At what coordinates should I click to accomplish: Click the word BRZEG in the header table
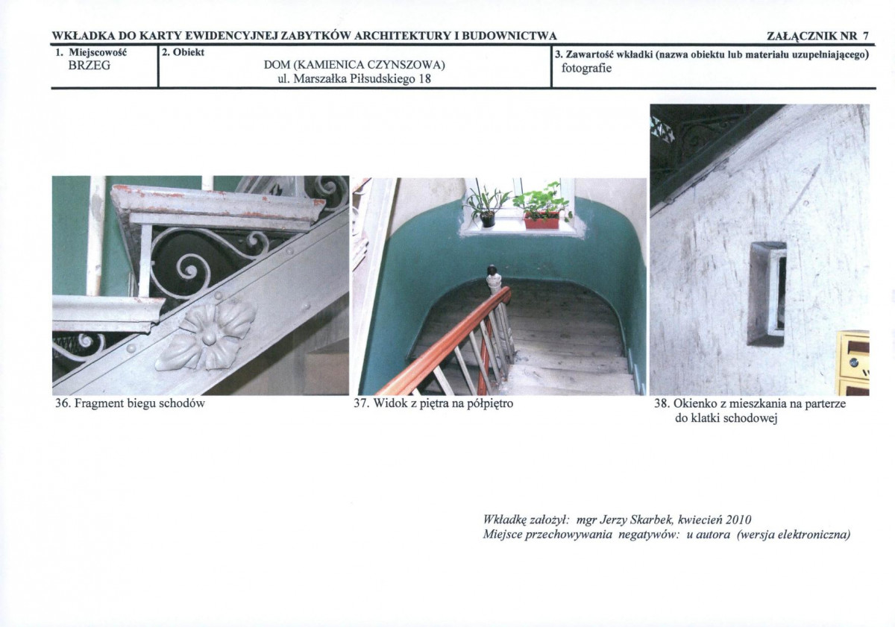coord(89,66)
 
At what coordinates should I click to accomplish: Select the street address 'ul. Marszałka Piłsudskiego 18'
coord(354,79)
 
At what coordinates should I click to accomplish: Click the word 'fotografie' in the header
coord(586,69)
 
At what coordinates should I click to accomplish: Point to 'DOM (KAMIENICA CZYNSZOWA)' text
coord(354,65)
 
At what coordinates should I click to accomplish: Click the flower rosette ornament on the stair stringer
coord(205,335)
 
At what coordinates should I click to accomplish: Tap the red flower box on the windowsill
coord(541,220)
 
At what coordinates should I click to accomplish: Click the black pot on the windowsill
coord(488,219)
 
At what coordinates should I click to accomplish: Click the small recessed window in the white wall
coord(767,294)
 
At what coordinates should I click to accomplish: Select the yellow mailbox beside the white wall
coord(854,363)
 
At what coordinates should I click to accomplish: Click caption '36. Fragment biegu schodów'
coord(131,404)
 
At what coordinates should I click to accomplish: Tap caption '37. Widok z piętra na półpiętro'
coord(433,404)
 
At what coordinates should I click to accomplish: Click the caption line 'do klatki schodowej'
coord(726,418)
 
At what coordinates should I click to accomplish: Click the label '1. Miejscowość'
coord(91,53)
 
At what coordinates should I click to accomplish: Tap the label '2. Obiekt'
coord(183,52)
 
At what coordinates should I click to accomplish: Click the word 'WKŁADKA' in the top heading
coord(83,37)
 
